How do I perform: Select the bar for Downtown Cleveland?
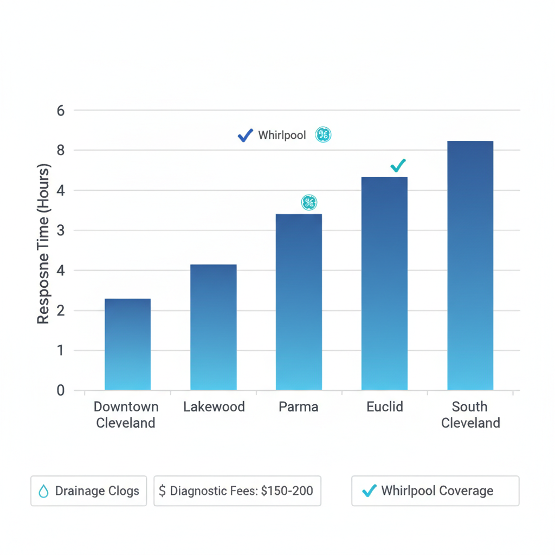click(x=127, y=344)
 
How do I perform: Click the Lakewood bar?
click(x=213, y=327)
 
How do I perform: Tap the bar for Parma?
click(x=299, y=302)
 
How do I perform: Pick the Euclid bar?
click(x=384, y=283)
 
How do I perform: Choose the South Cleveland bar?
click(x=470, y=266)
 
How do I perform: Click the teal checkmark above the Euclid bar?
click(x=398, y=165)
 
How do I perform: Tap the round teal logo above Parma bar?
click(x=309, y=203)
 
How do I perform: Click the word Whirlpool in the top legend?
click(x=282, y=135)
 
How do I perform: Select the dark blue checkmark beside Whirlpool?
click(x=245, y=135)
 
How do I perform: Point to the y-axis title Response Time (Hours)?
click(x=43, y=244)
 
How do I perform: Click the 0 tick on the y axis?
click(x=61, y=390)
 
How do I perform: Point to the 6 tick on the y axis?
click(x=61, y=111)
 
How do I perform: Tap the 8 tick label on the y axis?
click(x=61, y=150)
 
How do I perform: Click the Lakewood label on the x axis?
click(x=214, y=406)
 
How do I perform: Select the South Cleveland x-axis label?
click(x=470, y=415)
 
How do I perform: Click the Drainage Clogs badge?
click(x=89, y=491)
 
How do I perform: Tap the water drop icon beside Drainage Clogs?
click(x=43, y=491)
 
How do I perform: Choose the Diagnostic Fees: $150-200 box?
click(x=237, y=491)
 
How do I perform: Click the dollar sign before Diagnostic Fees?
click(x=163, y=491)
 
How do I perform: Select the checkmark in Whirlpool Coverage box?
click(x=369, y=491)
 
